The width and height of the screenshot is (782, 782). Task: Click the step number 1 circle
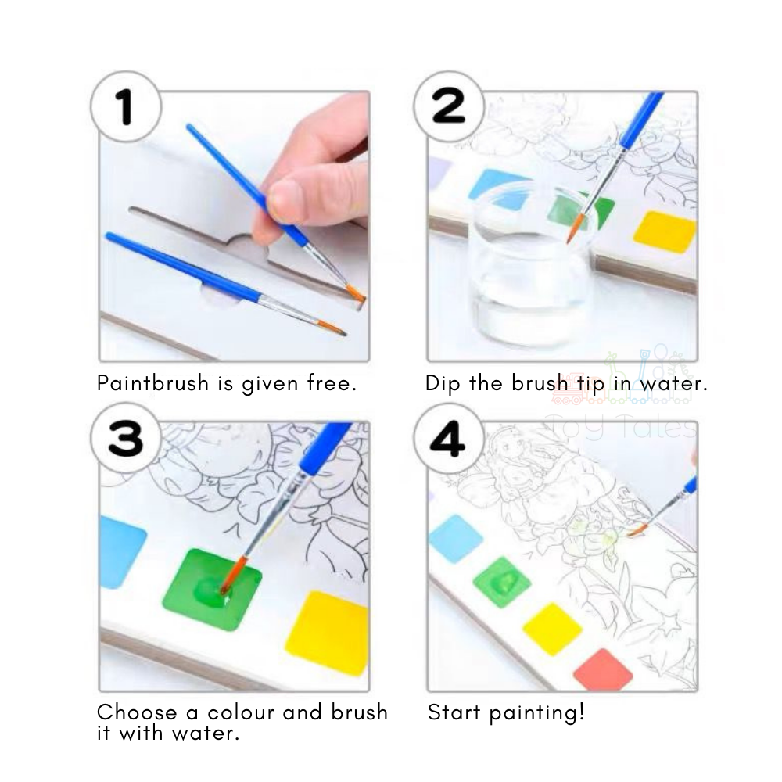point(126,106)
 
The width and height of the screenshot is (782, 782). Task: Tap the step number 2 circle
point(449,106)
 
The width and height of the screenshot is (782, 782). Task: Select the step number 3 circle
point(126,439)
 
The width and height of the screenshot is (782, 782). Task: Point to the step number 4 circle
point(449,439)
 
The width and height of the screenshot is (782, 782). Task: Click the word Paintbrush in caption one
point(153,383)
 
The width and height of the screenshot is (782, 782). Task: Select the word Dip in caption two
point(443,383)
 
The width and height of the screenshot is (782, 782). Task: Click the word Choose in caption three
point(137,712)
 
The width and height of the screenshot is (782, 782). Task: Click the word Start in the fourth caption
point(455,712)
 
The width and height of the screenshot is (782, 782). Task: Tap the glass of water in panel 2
point(528,265)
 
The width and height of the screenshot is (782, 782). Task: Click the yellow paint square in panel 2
point(664,232)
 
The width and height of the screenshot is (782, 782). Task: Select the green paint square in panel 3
point(213,589)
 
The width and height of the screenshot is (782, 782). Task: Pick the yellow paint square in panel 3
point(327,633)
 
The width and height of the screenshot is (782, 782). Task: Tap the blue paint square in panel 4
point(456,539)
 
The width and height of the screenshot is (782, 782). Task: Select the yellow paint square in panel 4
point(553,629)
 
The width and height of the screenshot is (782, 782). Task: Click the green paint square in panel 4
point(502,582)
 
